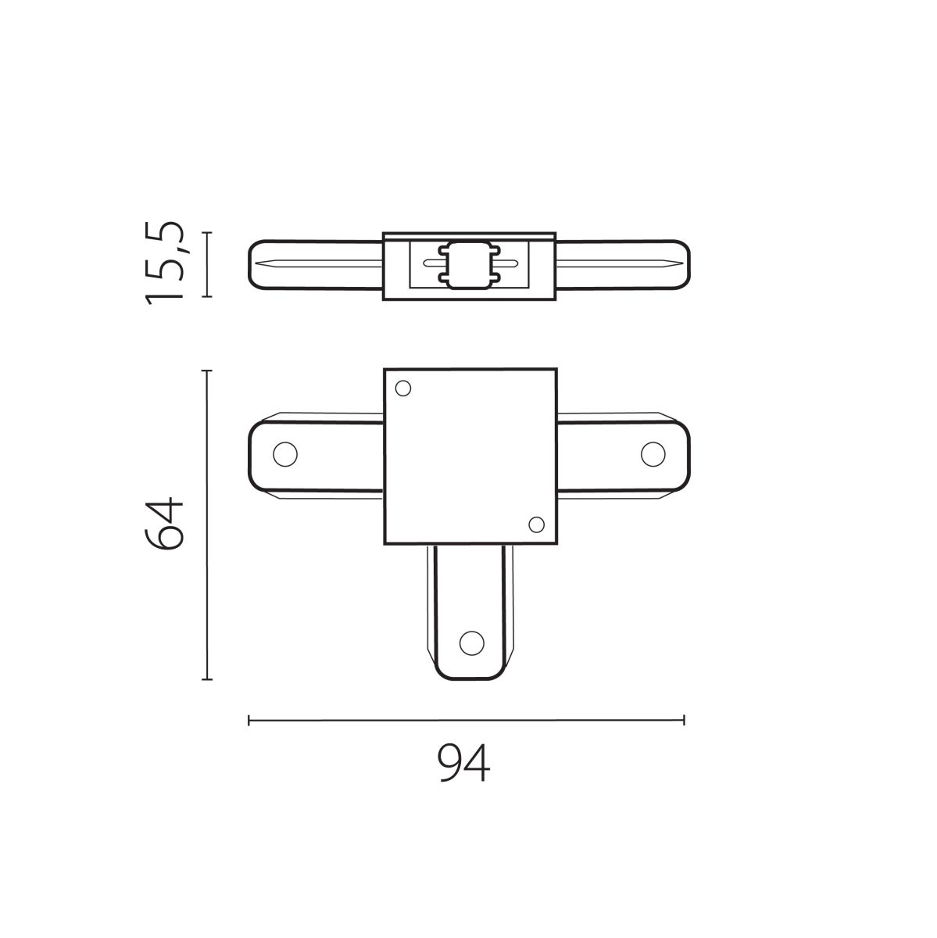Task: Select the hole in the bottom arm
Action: [x=471, y=643]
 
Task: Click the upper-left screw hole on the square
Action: [x=403, y=388]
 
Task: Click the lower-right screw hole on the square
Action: [x=535, y=524]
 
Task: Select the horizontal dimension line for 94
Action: [x=466, y=720]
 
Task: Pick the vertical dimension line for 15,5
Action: [x=206, y=264]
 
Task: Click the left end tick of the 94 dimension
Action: [x=249, y=720]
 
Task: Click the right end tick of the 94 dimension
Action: [x=684, y=720]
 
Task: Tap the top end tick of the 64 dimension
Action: [x=206, y=371]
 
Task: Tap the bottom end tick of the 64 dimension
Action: [x=206, y=679]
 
